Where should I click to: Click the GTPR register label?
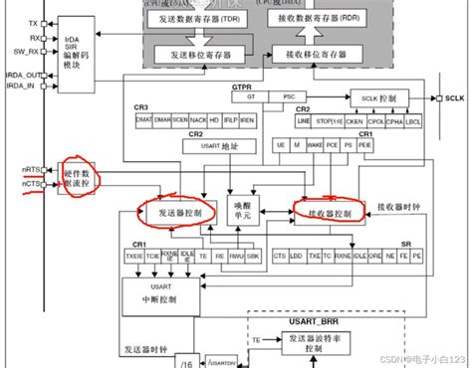point(241,88)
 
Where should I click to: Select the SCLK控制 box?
point(375,98)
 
